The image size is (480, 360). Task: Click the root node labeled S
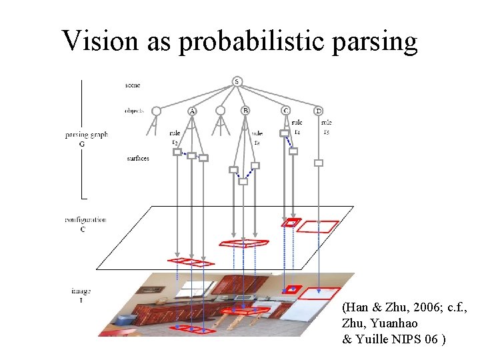pyautogui.click(x=237, y=81)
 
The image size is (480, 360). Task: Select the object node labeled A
pyautogui.click(x=192, y=111)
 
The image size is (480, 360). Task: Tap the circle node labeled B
pyautogui.click(x=245, y=111)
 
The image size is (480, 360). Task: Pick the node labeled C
pyautogui.click(x=285, y=111)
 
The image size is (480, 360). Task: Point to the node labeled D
pyautogui.click(x=318, y=111)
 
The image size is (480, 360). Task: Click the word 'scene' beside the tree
pyautogui.click(x=132, y=85)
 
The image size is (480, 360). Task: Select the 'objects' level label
pyautogui.click(x=134, y=111)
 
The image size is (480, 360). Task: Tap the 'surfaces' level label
pyautogui.click(x=137, y=158)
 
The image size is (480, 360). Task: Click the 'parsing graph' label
pyautogui.click(x=86, y=135)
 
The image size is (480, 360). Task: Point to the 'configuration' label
pyautogui.click(x=85, y=219)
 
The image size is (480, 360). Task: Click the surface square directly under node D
pyautogui.click(x=319, y=163)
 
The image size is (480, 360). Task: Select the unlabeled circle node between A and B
pyautogui.click(x=221, y=111)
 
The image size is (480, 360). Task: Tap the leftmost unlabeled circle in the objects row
pyautogui.click(x=157, y=111)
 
